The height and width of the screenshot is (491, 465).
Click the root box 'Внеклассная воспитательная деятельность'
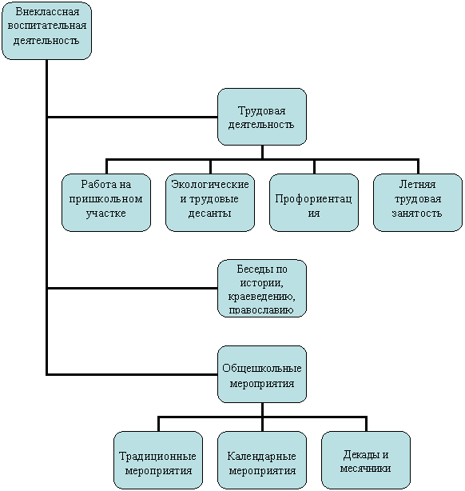46,30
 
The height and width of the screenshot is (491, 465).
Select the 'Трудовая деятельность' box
262,117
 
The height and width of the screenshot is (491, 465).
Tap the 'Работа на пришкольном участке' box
106,202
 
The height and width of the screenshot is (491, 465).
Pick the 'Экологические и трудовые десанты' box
210,202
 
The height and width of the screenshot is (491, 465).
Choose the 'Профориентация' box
314,202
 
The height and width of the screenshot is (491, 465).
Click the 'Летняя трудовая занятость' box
418,202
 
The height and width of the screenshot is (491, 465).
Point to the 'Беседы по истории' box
262,288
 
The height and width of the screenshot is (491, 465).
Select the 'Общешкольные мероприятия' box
262,374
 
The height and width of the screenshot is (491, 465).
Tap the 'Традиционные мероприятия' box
158,460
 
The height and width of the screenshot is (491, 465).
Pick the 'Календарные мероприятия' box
262,460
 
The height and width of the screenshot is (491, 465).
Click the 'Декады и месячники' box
366,460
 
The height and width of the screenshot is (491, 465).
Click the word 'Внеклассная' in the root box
47,11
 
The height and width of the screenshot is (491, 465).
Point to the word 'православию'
261,310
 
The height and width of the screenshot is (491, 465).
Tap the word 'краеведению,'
261,296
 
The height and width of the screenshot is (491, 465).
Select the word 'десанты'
209,214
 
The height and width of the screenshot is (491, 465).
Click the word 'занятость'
417,214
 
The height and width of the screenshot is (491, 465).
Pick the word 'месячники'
365,469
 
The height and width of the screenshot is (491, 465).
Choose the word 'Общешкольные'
262,368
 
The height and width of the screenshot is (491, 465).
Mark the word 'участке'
106,214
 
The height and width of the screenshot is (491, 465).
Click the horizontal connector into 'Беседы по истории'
132,288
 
